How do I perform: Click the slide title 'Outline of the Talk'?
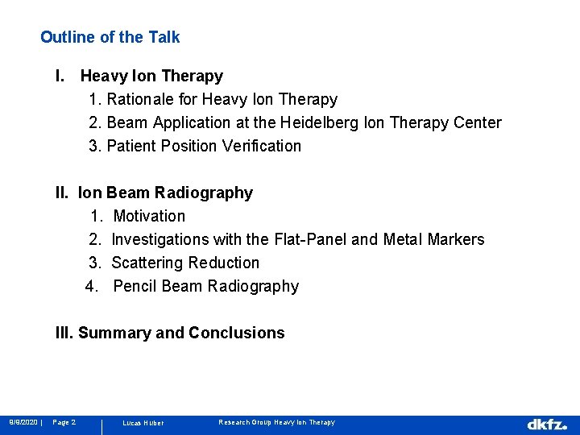coord(110,37)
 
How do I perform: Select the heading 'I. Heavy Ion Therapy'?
coord(139,77)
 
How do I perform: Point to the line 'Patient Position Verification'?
coord(204,147)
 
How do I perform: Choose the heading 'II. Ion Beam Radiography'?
coord(154,193)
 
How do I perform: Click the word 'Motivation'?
coord(149,217)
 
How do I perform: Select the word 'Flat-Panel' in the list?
coord(310,240)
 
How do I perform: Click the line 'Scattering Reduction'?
coord(185,263)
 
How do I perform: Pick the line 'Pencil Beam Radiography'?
coord(205,287)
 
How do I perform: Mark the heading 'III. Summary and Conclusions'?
coord(170,333)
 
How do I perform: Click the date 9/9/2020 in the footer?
coord(24,422)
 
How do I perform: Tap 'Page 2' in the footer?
coord(64,422)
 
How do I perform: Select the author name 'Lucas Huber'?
coord(143,423)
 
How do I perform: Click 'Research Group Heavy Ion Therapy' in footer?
coord(276,422)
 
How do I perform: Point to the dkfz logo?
coord(547,424)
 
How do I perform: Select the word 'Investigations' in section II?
coord(156,240)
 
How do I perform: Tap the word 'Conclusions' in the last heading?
coord(236,333)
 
